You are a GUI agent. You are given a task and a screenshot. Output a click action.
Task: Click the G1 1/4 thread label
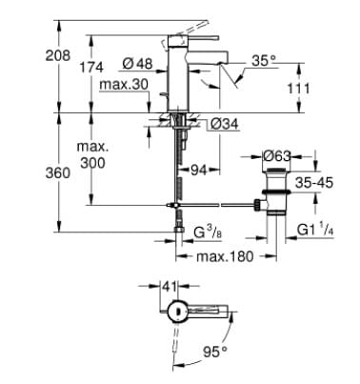point(320,231)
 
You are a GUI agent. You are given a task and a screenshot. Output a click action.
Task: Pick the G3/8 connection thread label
point(209,232)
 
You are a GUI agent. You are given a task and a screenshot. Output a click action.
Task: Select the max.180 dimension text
point(225,257)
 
